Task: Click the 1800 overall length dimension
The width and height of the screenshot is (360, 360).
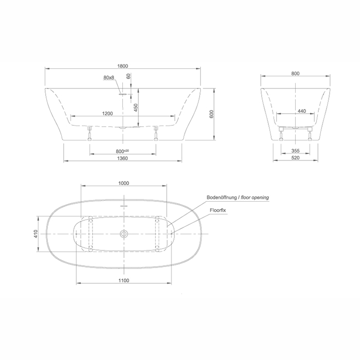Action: tap(122, 66)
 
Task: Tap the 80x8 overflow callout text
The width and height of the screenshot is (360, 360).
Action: tap(109, 77)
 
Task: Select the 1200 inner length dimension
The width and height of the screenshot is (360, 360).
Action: tap(107, 114)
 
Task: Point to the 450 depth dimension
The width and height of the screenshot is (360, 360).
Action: tap(136, 107)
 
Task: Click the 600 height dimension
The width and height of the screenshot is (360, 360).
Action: tap(211, 114)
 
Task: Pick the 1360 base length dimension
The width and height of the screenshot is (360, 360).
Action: tap(122, 158)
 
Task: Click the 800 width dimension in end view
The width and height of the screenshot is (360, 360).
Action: tap(295, 74)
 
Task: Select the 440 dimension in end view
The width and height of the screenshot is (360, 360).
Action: tap(302, 111)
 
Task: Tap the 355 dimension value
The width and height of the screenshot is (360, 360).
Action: tap(295, 151)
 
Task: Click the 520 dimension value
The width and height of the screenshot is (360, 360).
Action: tap(295, 158)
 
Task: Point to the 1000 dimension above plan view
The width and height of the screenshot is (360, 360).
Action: tap(124, 183)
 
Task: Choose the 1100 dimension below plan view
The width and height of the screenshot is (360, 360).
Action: tap(124, 280)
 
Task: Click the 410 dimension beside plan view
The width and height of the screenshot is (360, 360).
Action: tap(36, 233)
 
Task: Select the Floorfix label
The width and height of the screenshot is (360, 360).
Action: tap(218, 210)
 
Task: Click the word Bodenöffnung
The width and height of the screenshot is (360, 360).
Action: tap(222, 197)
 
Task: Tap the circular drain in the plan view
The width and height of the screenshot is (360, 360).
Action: tap(124, 234)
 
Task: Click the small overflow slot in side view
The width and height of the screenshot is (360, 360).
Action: tap(123, 94)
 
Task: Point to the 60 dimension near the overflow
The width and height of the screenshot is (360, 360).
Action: tap(129, 76)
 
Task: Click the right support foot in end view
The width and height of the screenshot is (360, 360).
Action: tap(310, 134)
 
